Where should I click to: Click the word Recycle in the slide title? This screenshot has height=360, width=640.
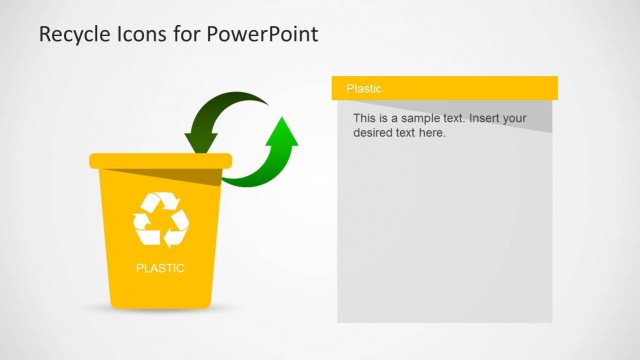[71, 35]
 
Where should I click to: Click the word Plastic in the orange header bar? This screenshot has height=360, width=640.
[363, 89]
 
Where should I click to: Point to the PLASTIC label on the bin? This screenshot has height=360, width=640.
[160, 268]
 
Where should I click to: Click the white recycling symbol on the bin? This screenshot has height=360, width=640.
[160, 219]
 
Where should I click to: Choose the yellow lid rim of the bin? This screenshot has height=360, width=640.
[160, 160]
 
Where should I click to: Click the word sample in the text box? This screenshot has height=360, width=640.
[410, 118]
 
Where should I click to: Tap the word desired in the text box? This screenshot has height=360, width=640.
[373, 132]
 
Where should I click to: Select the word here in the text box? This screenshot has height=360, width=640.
[432, 132]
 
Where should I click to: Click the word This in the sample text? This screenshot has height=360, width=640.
[364, 118]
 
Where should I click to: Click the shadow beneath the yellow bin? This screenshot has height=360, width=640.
[160, 309]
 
